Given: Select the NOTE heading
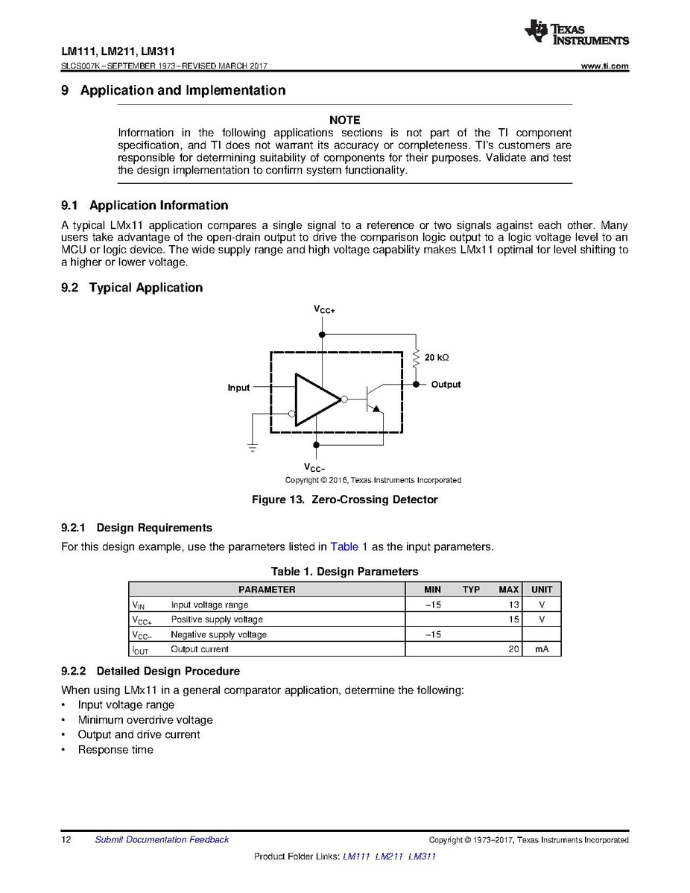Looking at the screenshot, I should (344, 120).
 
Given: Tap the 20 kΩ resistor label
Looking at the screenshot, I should (437, 358).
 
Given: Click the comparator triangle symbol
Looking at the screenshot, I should (317, 400).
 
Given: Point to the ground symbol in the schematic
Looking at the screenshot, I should (253, 447).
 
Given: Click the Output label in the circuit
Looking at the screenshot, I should (446, 385).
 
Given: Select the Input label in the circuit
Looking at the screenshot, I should (238, 388).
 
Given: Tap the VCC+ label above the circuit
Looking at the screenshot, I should (323, 309).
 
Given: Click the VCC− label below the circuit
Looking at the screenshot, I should (315, 468).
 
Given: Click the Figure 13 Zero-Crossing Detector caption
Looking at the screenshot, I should (344, 499).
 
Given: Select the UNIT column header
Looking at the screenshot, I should (542, 590).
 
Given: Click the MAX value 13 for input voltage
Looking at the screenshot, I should (513, 605).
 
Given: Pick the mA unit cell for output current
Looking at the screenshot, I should (542, 650).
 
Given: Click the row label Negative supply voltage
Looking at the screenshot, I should (218, 635).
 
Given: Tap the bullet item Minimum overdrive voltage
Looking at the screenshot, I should (145, 720).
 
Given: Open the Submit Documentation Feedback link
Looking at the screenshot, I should (162, 840).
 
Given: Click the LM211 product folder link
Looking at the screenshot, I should (389, 856).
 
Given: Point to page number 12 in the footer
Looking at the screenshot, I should (66, 840).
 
